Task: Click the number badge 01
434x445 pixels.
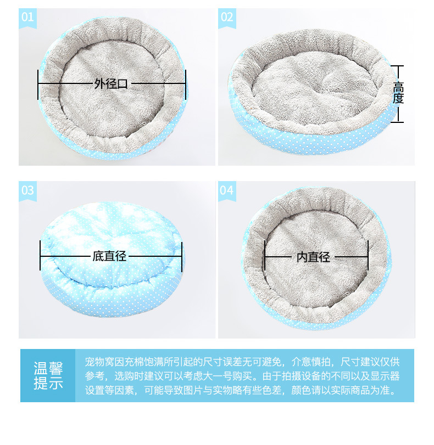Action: pyautogui.click(x=27, y=18)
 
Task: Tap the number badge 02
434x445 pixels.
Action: pyautogui.click(x=227, y=18)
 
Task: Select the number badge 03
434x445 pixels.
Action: pyautogui.click(x=27, y=191)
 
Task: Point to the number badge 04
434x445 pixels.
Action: pyautogui.click(x=227, y=191)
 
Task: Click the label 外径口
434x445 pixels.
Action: pyautogui.click(x=111, y=84)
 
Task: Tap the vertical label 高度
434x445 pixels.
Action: pyautogui.click(x=398, y=93)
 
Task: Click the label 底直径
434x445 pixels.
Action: pyautogui.click(x=109, y=256)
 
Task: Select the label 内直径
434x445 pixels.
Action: pyautogui.click(x=313, y=257)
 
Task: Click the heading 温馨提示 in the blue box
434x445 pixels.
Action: pyautogui.click(x=48, y=375)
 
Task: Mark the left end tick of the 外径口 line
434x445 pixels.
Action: pyautogui.click(x=38, y=85)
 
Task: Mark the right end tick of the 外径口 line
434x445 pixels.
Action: pyautogui.click(x=186, y=85)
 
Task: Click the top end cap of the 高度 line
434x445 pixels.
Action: pyautogui.click(x=397, y=66)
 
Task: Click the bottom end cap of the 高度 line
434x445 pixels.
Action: pyautogui.click(x=397, y=122)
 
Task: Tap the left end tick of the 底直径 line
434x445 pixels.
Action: pyautogui.click(x=40, y=255)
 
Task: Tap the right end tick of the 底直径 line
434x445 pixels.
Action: pyautogui.click(x=182, y=257)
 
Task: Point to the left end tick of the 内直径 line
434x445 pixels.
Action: pyautogui.click(x=265, y=255)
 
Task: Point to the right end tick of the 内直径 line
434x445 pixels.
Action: pyautogui.click(x=368, y=255)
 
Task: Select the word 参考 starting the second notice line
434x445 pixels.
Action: pyautogui.click(x=94, y=376)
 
